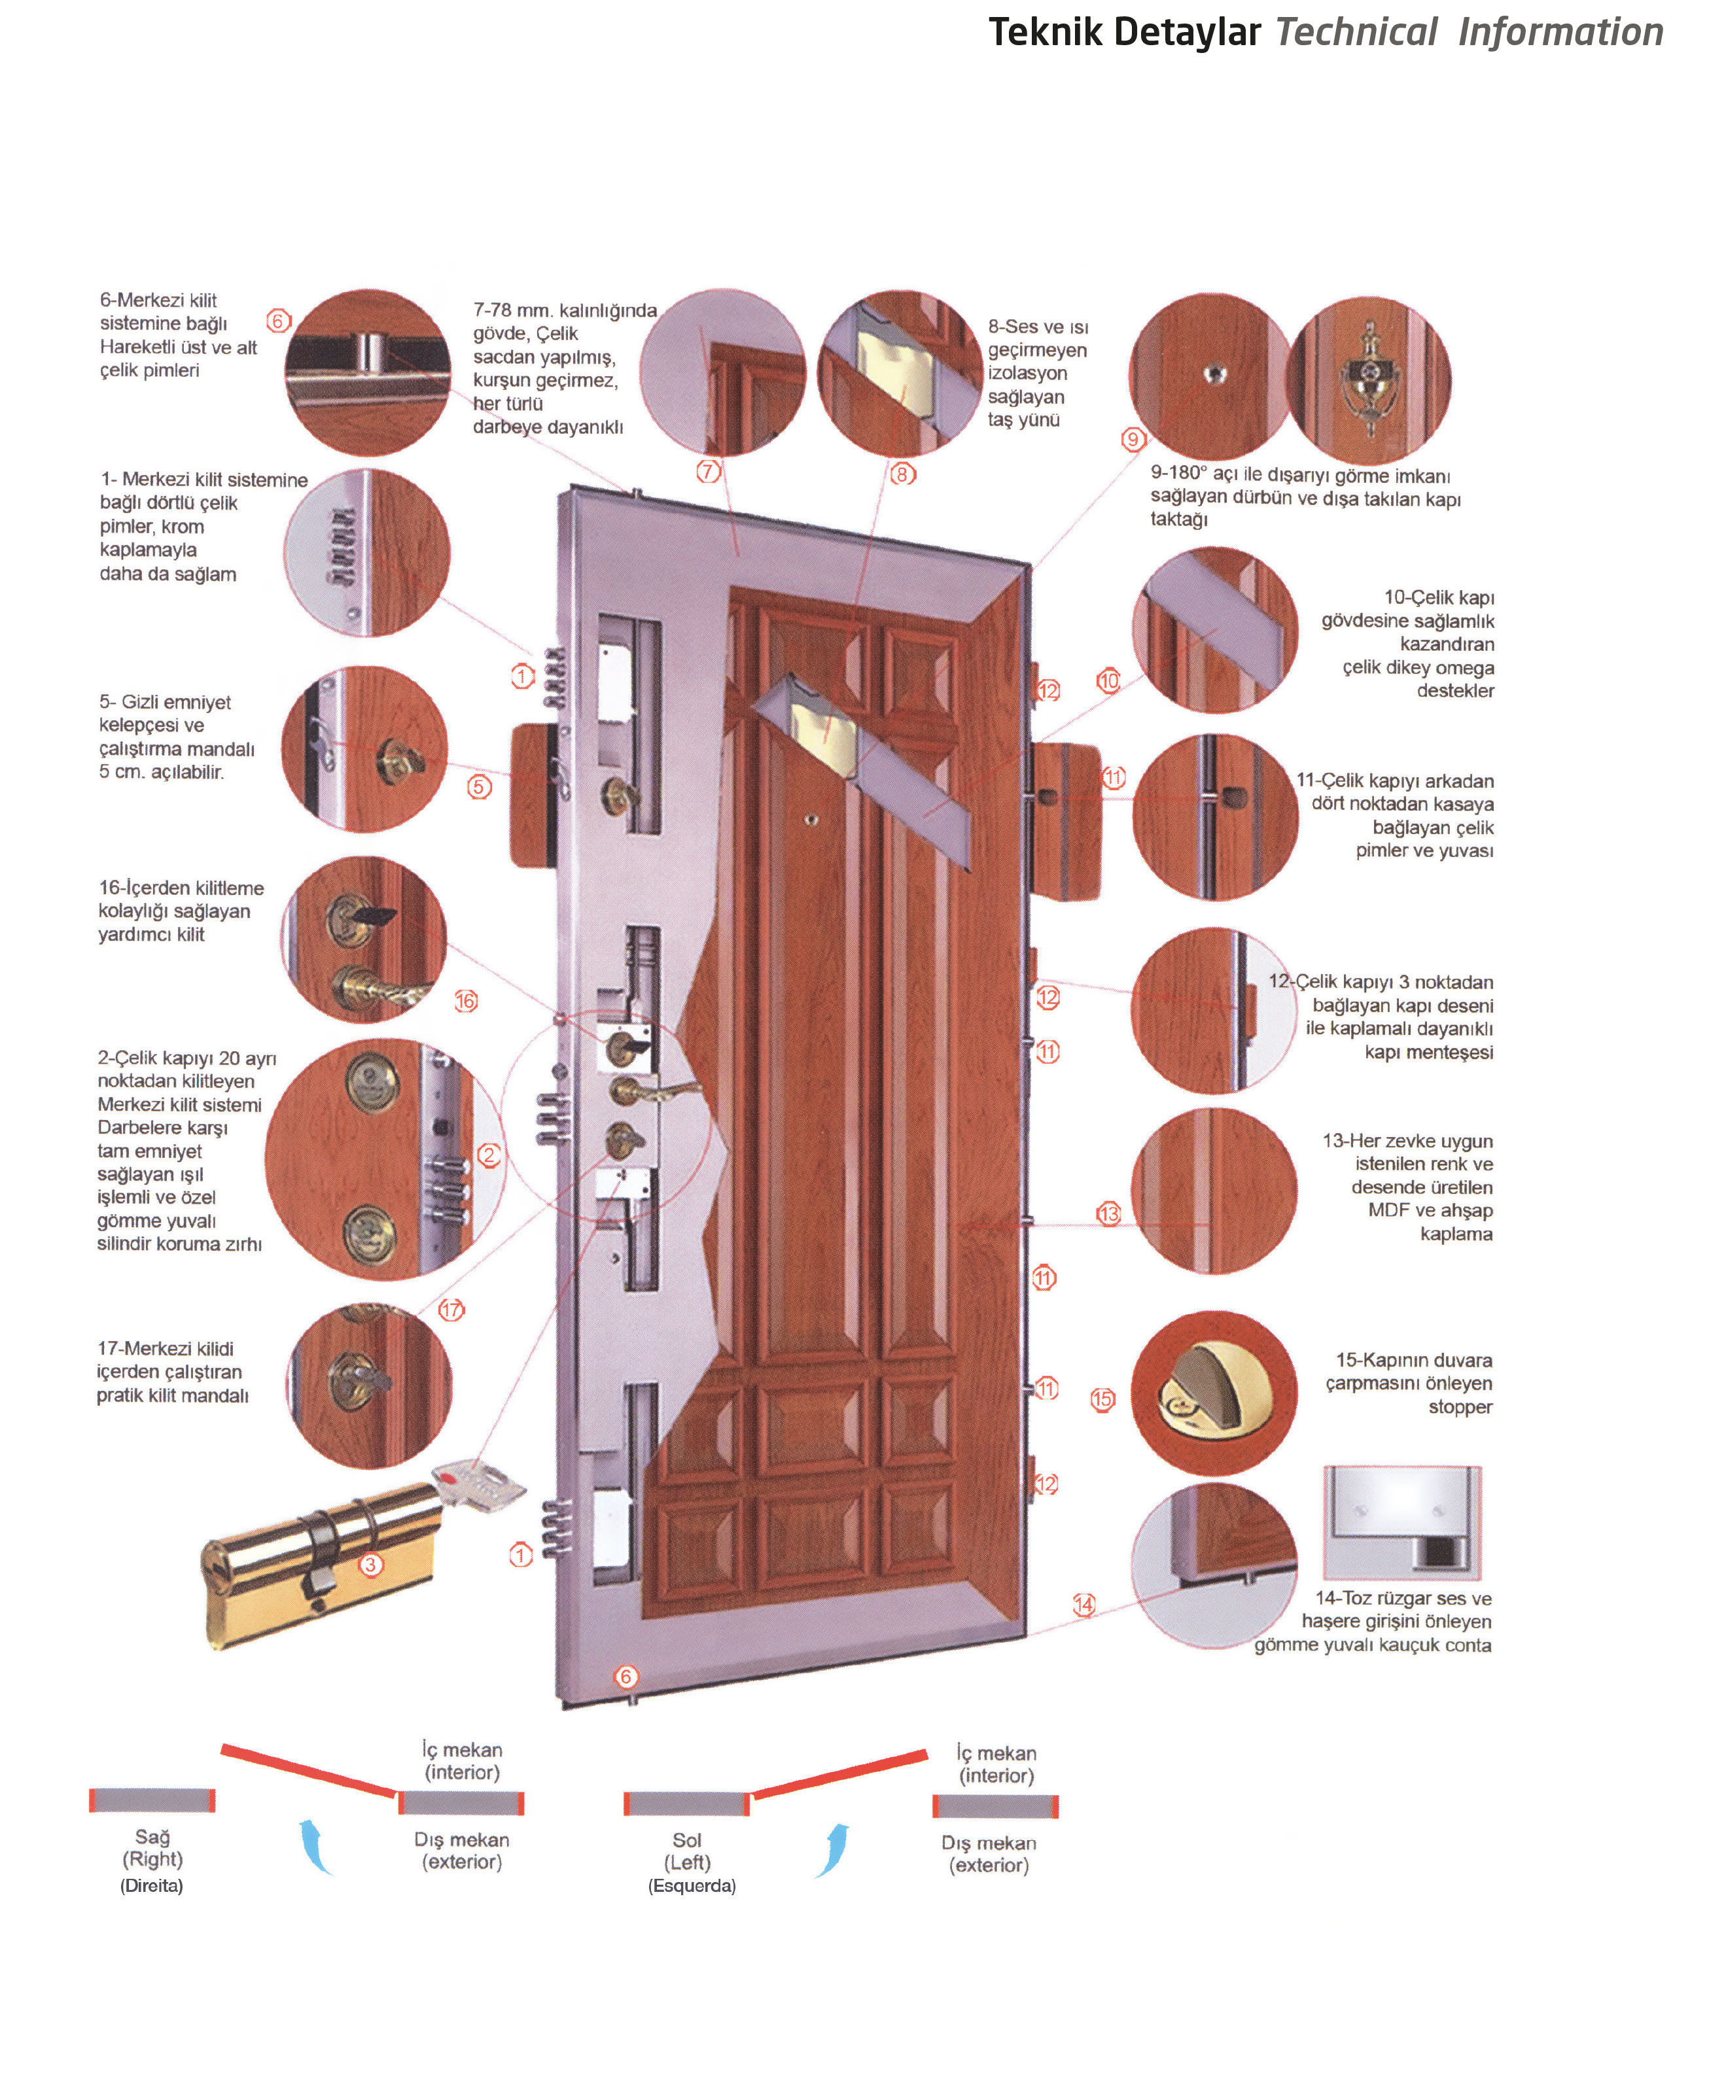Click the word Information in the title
(1560, 33)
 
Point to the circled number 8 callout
(903, 474)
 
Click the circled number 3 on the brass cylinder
(370, 1564)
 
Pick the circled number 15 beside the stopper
(1102, 1399)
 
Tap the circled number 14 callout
(1084, 1605)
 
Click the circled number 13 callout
(1108, 1214)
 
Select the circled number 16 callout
(466, 1001)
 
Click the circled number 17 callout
(451, 1309)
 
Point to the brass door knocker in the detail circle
(1367, 379)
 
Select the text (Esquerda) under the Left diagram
(692, 1885)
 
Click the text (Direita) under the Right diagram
(152, 1885)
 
